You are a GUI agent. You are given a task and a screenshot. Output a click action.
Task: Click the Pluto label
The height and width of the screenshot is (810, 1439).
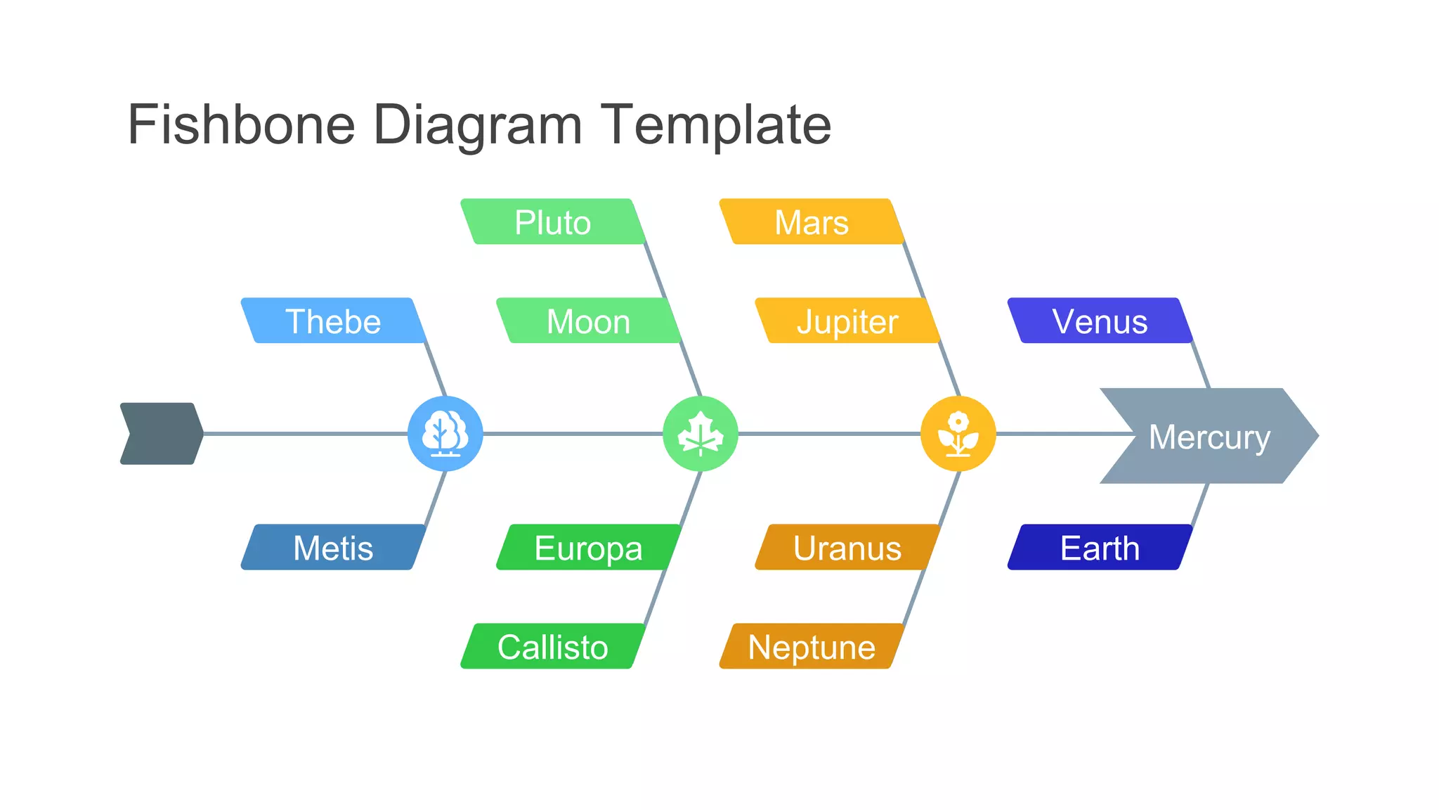pos(553,222)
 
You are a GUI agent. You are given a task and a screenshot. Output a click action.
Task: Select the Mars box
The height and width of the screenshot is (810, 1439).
pos(812,222)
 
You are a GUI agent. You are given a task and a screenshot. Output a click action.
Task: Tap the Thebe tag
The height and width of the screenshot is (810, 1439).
pos(333,321)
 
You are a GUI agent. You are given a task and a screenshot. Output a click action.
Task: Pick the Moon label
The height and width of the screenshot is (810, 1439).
pos(588,321)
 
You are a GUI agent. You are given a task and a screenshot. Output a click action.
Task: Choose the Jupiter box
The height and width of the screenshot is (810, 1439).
pos(847,321)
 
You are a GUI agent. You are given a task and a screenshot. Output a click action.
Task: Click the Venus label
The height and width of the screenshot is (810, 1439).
pos(1100,321)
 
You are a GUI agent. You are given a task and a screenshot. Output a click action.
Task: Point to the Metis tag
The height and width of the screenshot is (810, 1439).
pos(333,548)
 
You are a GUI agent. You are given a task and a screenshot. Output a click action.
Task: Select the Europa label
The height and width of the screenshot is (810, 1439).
pos(588,548)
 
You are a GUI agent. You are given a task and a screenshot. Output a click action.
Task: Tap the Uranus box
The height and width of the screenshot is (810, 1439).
pos(847,548)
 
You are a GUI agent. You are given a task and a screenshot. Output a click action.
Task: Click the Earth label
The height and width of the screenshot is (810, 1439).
pos(1100,548)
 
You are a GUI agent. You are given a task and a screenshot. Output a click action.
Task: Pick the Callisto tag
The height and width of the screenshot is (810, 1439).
pos(553,647)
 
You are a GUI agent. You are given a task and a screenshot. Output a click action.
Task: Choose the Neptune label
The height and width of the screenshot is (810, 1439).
pos(812,647)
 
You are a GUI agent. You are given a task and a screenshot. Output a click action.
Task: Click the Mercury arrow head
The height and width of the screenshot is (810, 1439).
pos(1209,437)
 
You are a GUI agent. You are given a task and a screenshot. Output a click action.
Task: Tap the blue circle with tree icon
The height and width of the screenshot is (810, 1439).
pos(445,434)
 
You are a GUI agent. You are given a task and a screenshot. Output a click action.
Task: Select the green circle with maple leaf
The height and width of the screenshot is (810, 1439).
pos(701,434)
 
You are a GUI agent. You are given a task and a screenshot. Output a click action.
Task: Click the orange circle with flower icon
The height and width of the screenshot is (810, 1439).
pos(958,434)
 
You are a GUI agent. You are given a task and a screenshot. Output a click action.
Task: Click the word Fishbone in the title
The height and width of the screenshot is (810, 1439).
pos(241,124)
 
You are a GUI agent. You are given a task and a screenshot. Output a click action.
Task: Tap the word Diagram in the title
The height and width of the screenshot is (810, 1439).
pos(477,124)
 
